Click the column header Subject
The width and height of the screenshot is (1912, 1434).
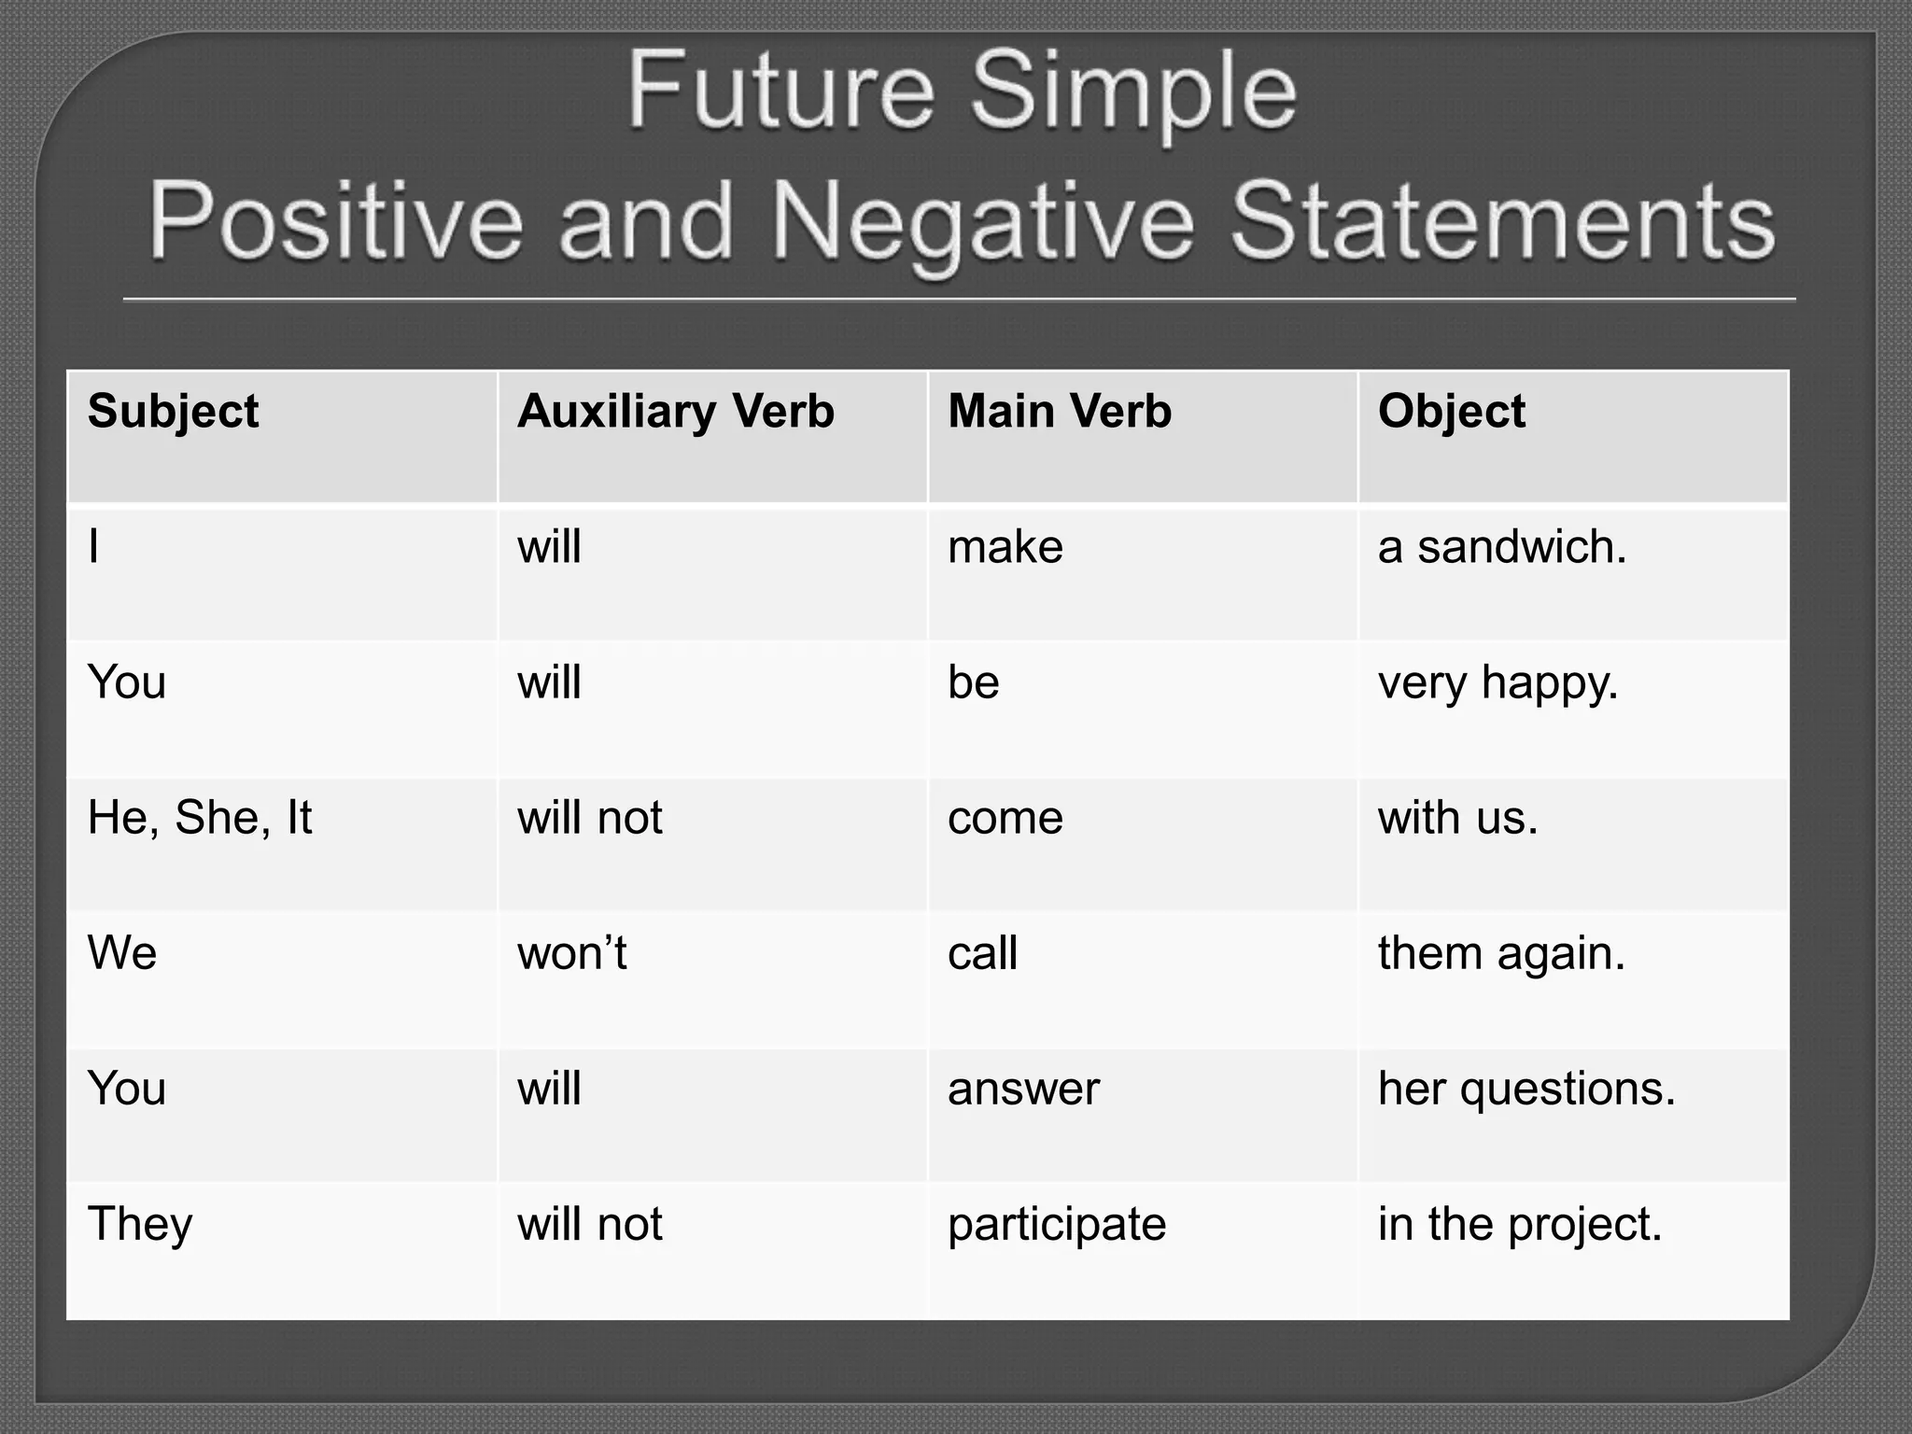point(173,412)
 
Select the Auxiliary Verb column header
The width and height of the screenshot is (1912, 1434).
point(675,412)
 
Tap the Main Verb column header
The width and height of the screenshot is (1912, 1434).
point(1059,412)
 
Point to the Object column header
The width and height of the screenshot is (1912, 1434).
point(1451,412)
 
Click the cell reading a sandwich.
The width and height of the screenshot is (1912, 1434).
point(1501,547)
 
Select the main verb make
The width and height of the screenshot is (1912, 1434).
point(1005,547)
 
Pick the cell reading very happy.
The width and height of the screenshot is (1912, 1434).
point(1497,682)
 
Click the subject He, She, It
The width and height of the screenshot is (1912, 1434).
point(200,818)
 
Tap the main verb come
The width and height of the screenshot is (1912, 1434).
point(1005,818)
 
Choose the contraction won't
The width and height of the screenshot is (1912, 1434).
point(571,953)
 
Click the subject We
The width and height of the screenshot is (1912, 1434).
point(122,953)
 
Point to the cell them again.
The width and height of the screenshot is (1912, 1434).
point(1501,953)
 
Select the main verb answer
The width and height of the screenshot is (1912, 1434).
point(1023,1089)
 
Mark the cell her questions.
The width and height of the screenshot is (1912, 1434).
point(1526,1089)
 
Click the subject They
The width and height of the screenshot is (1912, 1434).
point(140,1224)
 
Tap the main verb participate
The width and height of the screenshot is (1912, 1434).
point(1056,1224)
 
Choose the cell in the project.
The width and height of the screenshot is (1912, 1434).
point(1520,1224)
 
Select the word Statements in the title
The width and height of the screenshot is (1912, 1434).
point(1502,222)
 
